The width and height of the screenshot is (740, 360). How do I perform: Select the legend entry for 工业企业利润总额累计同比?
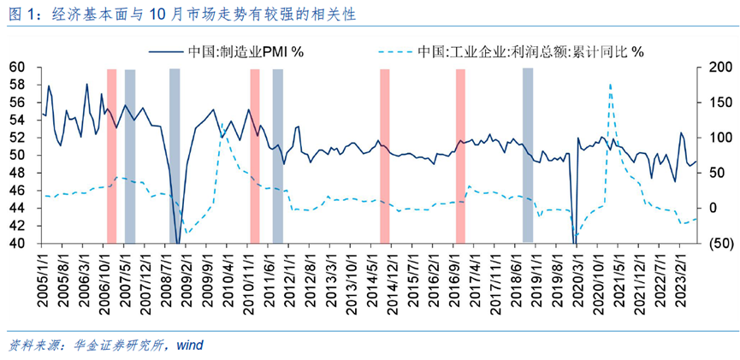click(530, 51)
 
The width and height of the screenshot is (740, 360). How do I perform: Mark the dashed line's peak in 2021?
click(610, 85)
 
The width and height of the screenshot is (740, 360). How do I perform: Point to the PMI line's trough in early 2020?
click(575, 242)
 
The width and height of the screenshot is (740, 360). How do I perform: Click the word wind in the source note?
click(190, 345)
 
